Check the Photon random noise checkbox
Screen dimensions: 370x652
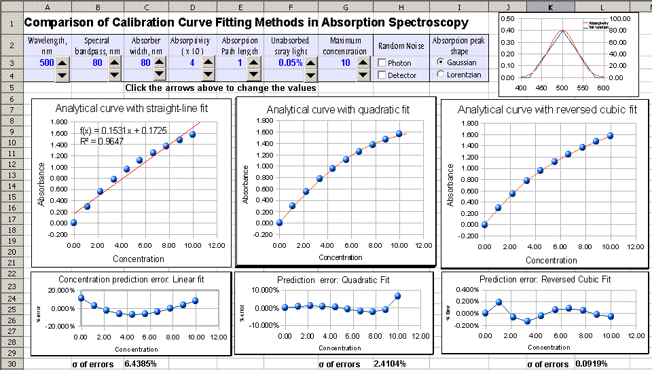[382, 63]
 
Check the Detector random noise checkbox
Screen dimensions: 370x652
[382, 75]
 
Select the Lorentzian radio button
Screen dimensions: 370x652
[441, 75]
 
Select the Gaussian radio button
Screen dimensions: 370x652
[441, 62]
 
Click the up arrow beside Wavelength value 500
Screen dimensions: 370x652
[61, 63]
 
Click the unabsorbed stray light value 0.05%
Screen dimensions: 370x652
[290, 63]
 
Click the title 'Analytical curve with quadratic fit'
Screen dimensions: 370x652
[336, 109]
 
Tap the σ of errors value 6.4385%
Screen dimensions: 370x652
[141, 364]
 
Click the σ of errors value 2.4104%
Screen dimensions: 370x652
[391, 364]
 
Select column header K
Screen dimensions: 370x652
[549, 6]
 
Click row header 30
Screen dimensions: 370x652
[12, 364]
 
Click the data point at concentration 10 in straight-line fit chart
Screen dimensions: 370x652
[193, 134]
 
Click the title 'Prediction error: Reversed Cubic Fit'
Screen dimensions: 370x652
[545, 279]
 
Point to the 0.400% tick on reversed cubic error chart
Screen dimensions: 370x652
[462, 289]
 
